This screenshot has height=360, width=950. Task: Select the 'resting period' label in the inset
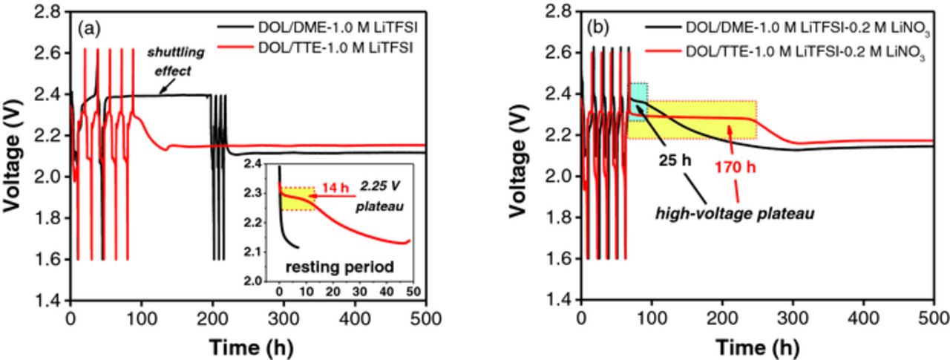[343, 265]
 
